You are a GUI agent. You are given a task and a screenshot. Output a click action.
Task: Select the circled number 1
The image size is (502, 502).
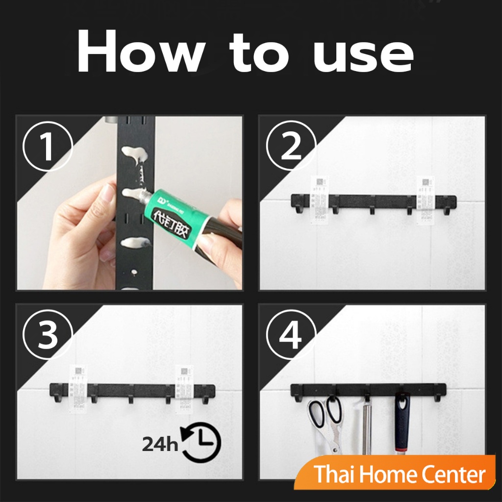click(48, 146)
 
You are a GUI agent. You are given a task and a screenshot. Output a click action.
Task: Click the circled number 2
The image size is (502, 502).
click(291, 146)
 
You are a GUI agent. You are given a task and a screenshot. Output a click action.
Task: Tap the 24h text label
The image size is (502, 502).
click(160, 444)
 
